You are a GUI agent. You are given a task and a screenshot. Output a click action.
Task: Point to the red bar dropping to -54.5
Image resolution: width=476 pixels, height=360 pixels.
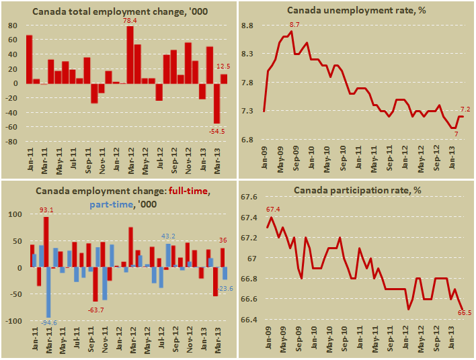pyautogui.click(x=216, y=103)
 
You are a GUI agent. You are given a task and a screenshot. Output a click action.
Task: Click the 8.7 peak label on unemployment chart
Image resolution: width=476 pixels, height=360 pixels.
pyautogui.click(x=294, y=25)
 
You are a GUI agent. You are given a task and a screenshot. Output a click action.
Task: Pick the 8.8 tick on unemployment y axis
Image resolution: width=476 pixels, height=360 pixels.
pyautogui.click(x=247, y=26)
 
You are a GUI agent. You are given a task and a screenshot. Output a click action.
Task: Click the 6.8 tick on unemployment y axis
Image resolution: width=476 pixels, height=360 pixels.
pyautogui.click(x=247, y=140)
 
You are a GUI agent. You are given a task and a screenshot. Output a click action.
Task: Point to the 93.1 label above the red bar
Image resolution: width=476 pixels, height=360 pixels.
pyautogui.click(x=46, y=211)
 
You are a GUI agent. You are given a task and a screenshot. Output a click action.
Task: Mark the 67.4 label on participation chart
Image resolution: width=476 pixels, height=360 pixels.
pyautogui.click(x=273, y=210)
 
